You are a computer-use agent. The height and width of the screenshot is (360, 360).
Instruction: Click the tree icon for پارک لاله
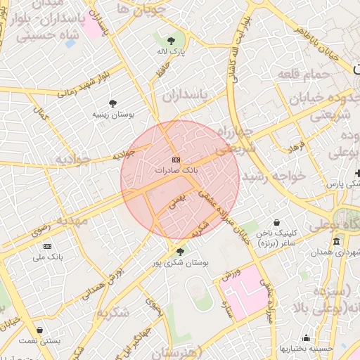[x=171, y=40]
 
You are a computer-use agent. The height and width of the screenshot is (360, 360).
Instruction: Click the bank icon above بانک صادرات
[x=175, y=160]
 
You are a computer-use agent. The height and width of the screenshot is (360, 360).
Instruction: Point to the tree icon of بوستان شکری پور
[x=180, y=251]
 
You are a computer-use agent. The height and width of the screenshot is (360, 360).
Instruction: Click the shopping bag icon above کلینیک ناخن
[x=276, y=221]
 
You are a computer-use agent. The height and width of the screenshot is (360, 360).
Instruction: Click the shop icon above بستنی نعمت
[x=40, y=329]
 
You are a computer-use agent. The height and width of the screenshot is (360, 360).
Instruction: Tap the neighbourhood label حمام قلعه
[x=304, y=73]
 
